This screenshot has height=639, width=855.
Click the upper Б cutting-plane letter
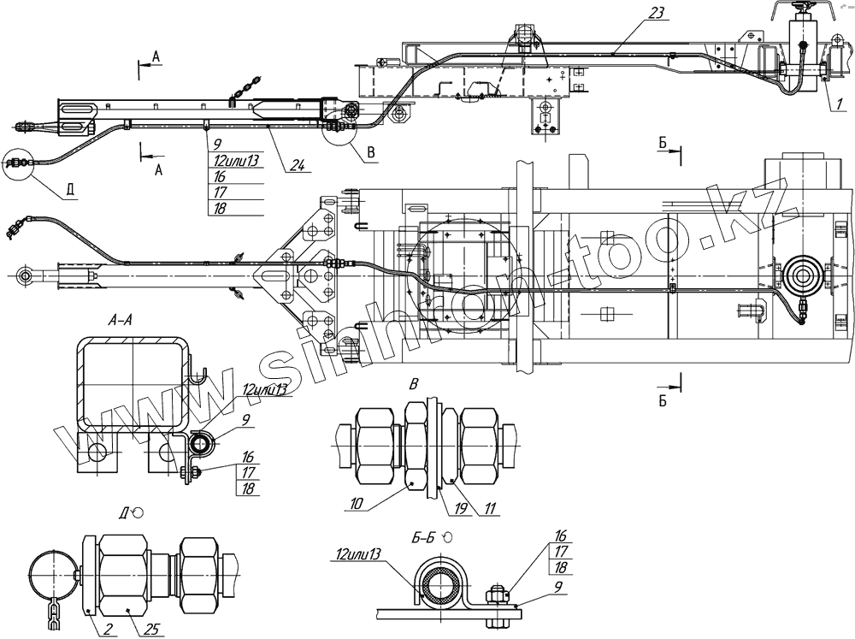point(663,144)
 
